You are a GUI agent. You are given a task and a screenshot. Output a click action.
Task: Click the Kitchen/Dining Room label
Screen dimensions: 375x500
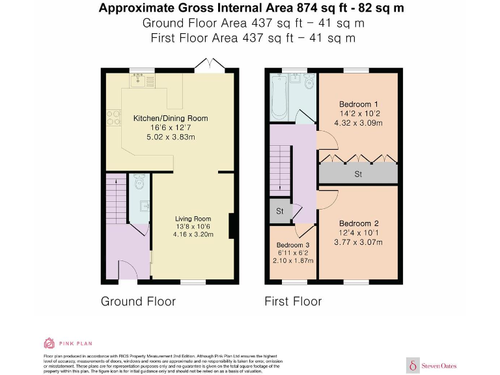click(171, 118)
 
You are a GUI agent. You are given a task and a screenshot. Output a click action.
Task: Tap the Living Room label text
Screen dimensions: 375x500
click(193, 219)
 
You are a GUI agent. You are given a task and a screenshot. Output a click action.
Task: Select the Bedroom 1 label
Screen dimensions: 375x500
click(359, 104)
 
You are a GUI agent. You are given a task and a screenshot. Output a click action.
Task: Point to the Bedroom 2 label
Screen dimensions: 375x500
click(359, 223)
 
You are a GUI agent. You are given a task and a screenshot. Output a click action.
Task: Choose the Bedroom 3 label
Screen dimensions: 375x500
click(293, 245)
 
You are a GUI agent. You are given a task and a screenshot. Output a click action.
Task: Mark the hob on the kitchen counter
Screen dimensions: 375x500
click(113, 117)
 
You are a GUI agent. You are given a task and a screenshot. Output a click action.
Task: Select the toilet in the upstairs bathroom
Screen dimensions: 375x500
click(309, 81)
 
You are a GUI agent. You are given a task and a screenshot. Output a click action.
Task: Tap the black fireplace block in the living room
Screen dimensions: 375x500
click(231, 225)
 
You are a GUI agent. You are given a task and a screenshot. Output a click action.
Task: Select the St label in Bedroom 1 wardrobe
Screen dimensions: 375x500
click(358, 174)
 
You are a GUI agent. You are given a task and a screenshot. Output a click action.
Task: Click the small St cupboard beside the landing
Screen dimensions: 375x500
click(280, 211)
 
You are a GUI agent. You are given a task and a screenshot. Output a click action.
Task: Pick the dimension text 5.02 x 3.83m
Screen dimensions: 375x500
click(171, 137)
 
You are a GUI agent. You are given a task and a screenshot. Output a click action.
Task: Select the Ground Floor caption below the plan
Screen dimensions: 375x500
click(138, 301)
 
